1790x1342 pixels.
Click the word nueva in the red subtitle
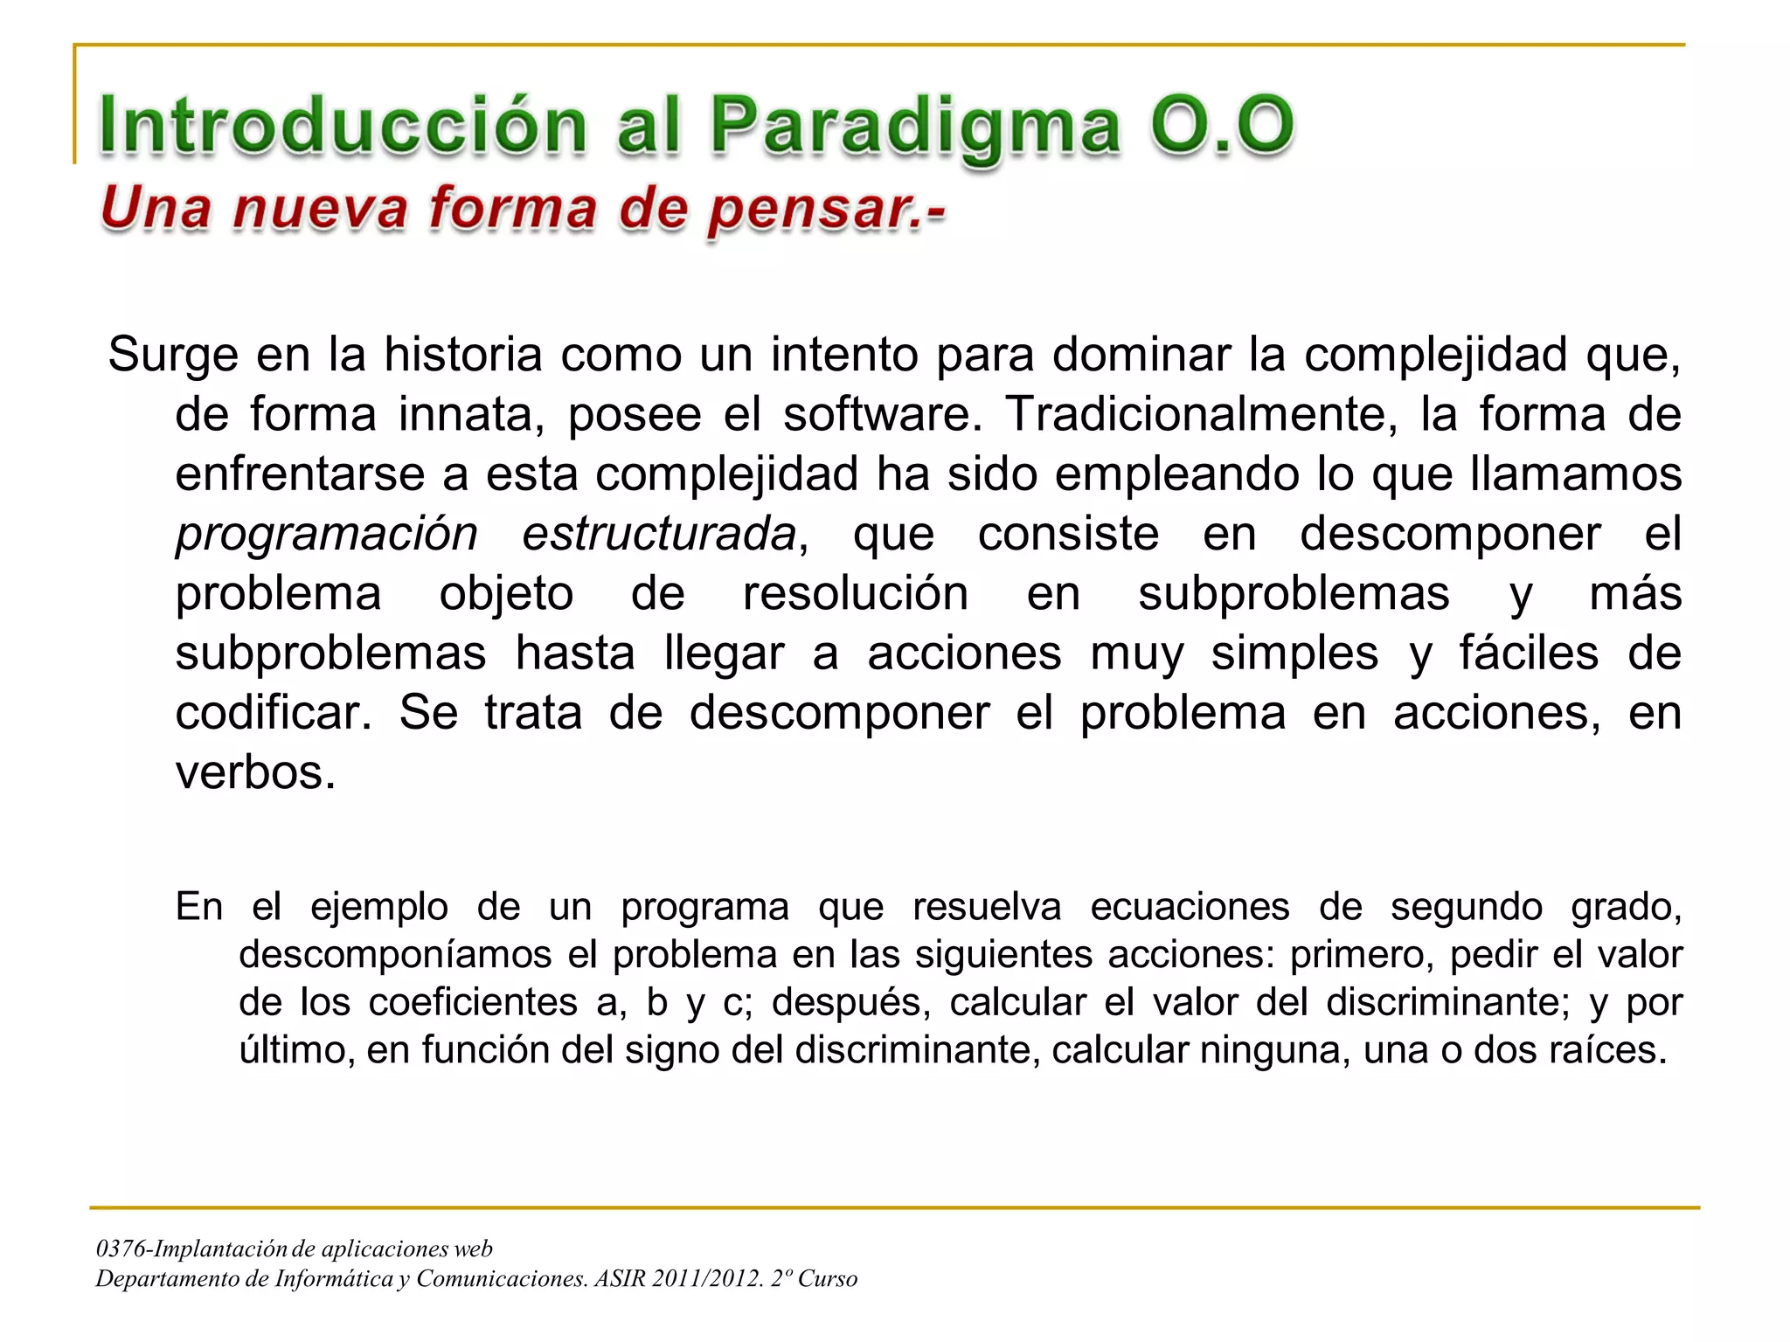(320, 210)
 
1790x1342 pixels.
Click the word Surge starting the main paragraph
(173, 355)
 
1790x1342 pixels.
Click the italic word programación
(327, 534)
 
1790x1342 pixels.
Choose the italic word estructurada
(659, 534)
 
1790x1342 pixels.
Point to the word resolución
(855, 594)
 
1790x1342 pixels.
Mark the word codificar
(273, 713)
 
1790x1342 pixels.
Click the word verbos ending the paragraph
(255, 772)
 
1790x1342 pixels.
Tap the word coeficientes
(473, 1002)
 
